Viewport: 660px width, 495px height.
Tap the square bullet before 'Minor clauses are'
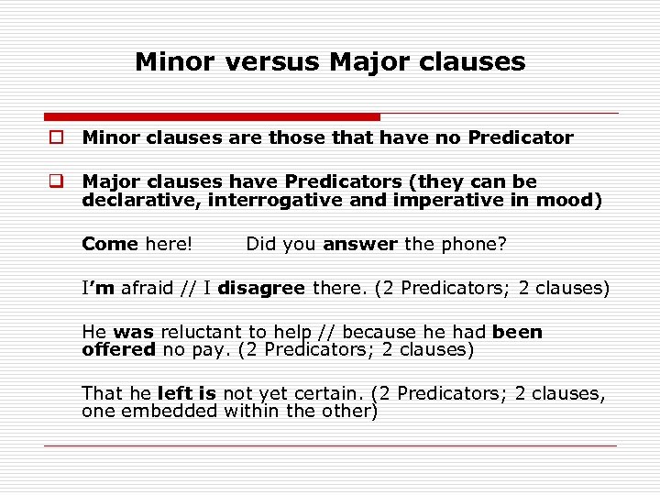pyautogui.click(x=57, y=138)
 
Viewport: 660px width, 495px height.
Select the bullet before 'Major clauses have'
pyautogui.click(x=57, y=182)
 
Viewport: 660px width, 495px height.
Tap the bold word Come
pyautogui.click(x=109, y=244)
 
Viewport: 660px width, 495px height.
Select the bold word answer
pyautogui.click(x=360, y=244)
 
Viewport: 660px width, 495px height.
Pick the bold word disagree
pyautogui.click(x=261, y=288)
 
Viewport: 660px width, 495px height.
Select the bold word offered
pyautogui.click(x=119, y=349)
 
